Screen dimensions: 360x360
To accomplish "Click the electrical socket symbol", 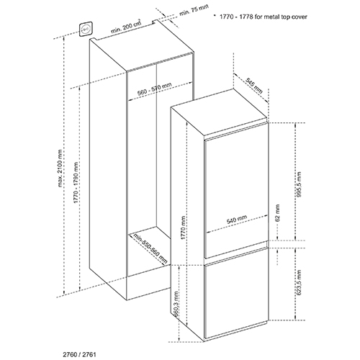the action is [86, 30].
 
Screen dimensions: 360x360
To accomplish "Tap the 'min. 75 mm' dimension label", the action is [194, 10].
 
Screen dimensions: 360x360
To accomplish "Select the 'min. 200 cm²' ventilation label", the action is [126, 27].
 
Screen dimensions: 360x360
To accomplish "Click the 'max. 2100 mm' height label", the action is [60, 168].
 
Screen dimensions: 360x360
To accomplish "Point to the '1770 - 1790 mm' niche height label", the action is [76, 183].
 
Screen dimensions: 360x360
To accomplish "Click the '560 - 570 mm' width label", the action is [154, 89].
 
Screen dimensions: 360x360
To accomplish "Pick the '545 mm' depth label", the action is [254, 87].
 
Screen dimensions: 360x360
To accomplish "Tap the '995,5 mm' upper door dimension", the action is [299, 184].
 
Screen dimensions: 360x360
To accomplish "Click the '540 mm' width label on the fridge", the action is [237, 220].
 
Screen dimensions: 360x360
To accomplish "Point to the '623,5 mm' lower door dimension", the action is [299, 282].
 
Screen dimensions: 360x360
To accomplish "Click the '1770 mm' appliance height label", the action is [183, 228].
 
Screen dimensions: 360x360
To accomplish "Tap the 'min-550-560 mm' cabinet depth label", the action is [150, 248].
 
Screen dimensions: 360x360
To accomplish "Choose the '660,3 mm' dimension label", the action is [176, 304].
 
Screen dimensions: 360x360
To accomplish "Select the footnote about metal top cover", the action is [264, 17].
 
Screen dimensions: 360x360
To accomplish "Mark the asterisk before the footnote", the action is [215, 15].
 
